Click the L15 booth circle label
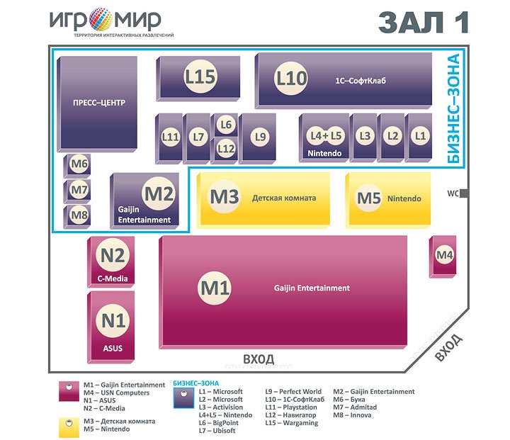tap(200, 77)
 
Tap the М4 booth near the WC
tap(443, 256)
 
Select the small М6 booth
tap(76, 166)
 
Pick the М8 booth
tap(76, 216)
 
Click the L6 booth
tap(226, 125)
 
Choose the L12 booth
tap(226, 150)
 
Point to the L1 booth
tap(419, 137)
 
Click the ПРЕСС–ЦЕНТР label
tap(99, 103)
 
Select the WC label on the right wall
tap(453, 193)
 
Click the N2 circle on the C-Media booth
tap(113, 255)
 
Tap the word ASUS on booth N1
tap(113, 348)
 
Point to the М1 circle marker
tap(215, 288)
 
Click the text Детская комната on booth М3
tap(284, 198)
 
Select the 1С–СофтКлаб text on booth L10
tap(361, 80)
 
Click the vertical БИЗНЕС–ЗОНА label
tap(453, 108)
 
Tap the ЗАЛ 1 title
tap(423, 23)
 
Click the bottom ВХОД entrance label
tap(259, 359)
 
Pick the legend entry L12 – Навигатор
tap(290, 415)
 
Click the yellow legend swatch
tap(69, 428)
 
